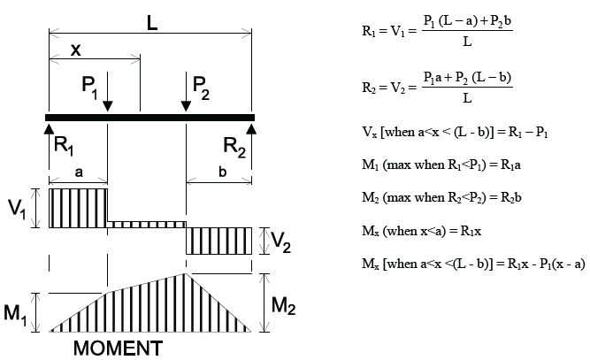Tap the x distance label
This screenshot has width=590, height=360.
(x=78, y=50)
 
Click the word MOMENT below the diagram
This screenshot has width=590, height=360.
(x=118, y=347)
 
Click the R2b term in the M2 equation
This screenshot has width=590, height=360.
(x=510, y=198)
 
